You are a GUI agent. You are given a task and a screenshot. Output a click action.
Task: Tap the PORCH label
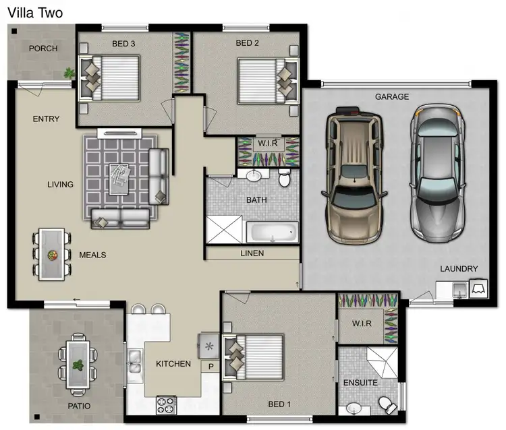click(43, 49)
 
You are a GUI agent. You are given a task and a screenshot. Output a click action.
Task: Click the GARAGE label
click(392, 97)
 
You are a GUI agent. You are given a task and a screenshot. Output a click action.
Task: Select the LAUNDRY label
click(459, 268)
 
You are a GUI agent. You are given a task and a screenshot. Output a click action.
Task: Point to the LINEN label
click(252, 253)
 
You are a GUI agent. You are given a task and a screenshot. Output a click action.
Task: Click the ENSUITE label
click(360, 382)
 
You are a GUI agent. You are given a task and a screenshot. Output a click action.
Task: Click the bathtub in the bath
click(271, 233)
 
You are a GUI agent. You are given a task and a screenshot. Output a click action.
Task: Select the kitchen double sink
click(135, 361)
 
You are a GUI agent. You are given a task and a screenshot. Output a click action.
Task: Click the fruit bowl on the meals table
click(52, 255)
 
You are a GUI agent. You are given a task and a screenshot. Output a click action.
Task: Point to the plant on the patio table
click(78, 366)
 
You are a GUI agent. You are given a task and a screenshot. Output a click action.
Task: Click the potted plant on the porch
click(68, 73)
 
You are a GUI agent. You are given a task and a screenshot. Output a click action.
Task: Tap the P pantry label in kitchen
click(210, 367)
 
